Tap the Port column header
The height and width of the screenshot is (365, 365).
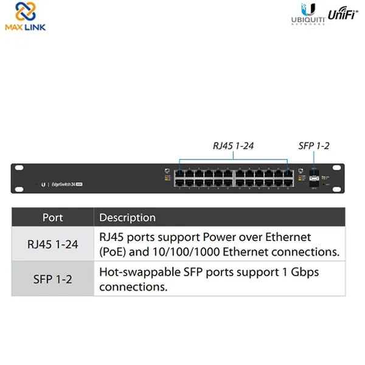(x=52, y=217)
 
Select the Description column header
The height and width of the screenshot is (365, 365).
(x=127, y=217)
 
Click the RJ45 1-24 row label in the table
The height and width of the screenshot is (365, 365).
(x=52, y=244)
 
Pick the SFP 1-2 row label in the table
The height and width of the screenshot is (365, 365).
(x=52, y=279)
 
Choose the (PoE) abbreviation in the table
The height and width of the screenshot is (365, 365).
(x=113, y=251)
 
